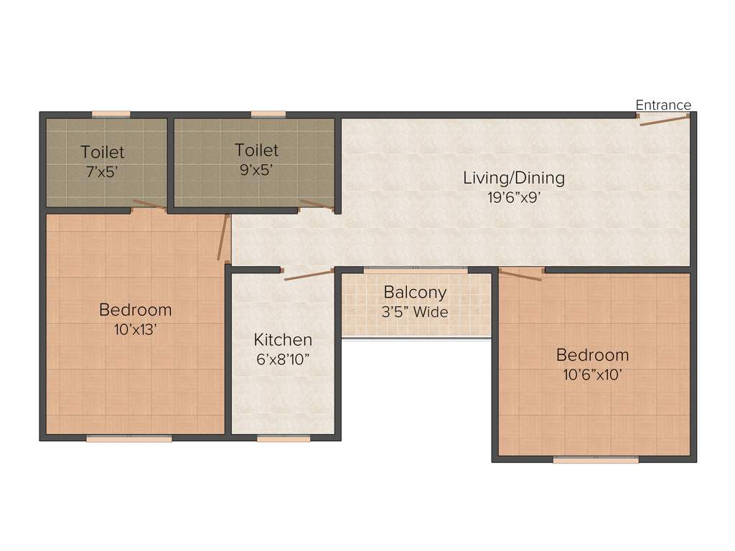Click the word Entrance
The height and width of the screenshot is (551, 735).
click(663, 105)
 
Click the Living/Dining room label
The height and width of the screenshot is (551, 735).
click(513, 177)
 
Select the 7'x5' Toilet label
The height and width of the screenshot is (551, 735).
click(102, 152)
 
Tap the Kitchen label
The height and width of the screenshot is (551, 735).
click(283, 339)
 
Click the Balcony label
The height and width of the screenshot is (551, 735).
click(415, 293)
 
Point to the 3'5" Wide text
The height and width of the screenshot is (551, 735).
click(415, 312)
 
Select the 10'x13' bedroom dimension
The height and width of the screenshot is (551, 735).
click(135, 329)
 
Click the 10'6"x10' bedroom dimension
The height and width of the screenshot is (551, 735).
click(592, 374)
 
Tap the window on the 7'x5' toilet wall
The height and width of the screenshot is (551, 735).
click(111, 113)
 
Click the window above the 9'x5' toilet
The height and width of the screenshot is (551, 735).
click(268, 113)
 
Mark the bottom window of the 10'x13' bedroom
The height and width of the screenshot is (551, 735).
click(129, 438)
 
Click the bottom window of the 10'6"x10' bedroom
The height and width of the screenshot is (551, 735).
click(596, 460)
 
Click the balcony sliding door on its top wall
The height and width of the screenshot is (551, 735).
click(416, 270)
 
